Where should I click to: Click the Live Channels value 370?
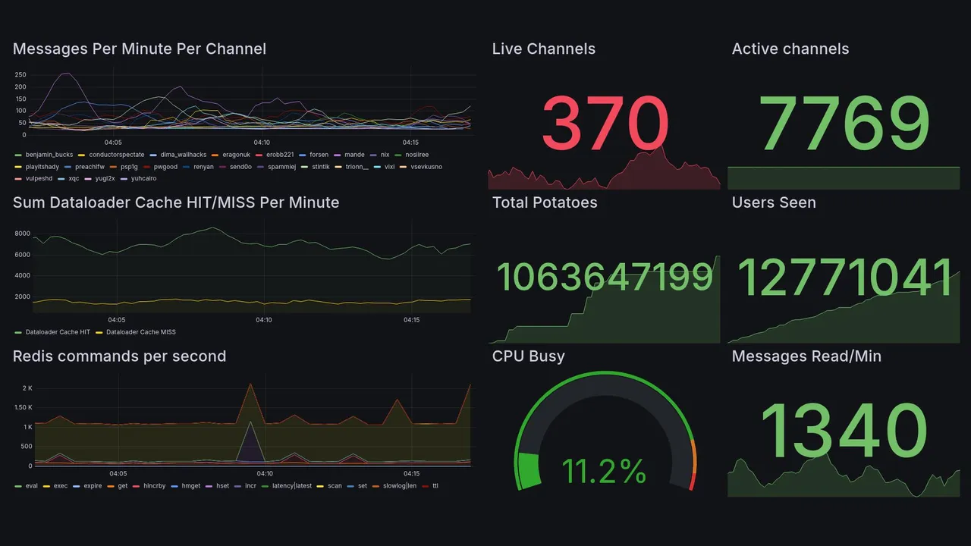(x=605, y=124)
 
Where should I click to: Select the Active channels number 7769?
(x=844, y=124)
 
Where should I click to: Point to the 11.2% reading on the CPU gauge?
(x=604, y=472)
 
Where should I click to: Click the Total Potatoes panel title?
(x=544, y=202)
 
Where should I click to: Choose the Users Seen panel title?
(x=774, y=202)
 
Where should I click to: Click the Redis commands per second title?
(x=119, y=356)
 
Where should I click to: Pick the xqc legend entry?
(x=73, y=179)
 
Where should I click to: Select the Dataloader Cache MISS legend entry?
(x=140, y=332)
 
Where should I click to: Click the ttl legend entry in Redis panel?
(x=435, y=486)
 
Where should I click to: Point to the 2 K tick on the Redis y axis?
(x=27, y=388)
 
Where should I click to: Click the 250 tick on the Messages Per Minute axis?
(x=20, y=74)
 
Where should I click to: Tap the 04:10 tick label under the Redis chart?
(x=264, y=474)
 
